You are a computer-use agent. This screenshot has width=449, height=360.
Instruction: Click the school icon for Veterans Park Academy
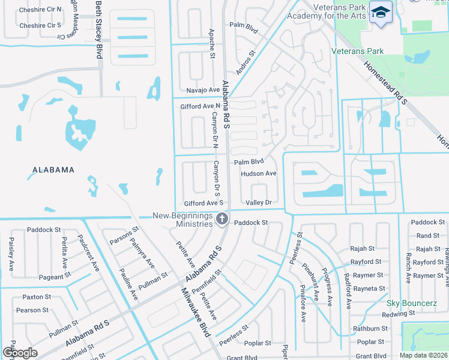(381, 13)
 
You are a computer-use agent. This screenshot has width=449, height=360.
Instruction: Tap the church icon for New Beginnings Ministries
(222, 220)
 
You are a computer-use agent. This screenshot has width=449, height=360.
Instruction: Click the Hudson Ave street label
(258, 173)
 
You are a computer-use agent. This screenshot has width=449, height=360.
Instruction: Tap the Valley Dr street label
(259, 203)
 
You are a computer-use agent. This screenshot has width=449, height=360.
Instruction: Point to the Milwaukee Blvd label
(197, 319)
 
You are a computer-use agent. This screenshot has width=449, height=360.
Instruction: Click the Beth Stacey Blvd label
(99, 29)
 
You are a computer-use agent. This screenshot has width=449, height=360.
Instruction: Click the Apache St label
(211, 43)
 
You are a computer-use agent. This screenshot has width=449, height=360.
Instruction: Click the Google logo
(20, 353)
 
